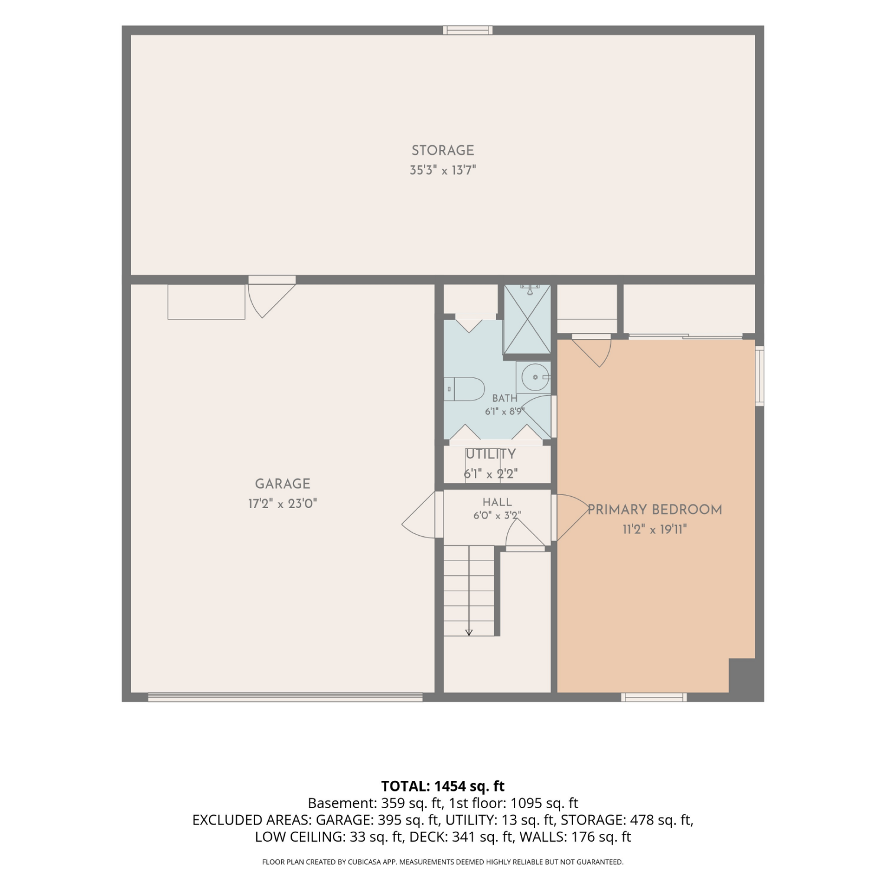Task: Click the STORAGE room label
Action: click(442, 151)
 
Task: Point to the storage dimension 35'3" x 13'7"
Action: click(442, 171)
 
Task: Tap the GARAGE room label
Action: click(282, 484)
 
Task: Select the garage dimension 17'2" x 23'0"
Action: click(282, 504)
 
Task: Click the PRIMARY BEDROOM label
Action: click(654, 510)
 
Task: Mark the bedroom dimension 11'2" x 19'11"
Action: click(654, 529)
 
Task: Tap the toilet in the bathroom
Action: click(464, 389)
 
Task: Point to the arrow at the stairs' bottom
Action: click(469, 633)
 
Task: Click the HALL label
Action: click(497, 502)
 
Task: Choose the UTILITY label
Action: click(491, 454)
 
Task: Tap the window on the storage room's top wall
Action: click(468, 30)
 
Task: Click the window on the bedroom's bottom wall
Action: click(654, 698)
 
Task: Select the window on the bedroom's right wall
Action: click(760, 376)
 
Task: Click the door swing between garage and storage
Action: click(271, 297)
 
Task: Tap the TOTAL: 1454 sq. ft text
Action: click(443, 786)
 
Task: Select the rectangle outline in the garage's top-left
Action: click(206, 302)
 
